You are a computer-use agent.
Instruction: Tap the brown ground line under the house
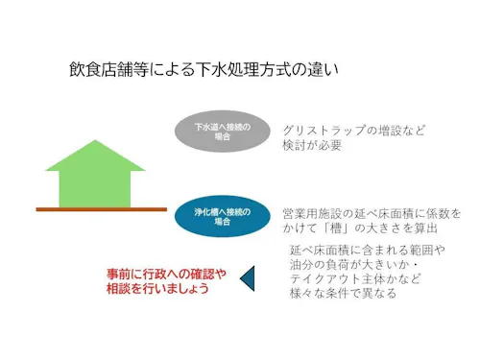pyautogui.click(x=101, y=208)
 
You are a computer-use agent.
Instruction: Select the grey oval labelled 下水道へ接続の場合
pyautogui.click(x=222, y=132)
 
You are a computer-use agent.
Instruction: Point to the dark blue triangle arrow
pyautogui.click(x=246, y=278)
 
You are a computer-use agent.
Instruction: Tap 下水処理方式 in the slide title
pyautogui.click(x=244, y=70)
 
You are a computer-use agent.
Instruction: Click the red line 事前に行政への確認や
pyautogui.click(x=165, y=272)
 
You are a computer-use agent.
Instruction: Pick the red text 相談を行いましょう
pyautogui.click(x=157, y=288)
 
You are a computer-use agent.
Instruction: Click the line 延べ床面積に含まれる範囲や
pyautogui.click(x=367, y=251)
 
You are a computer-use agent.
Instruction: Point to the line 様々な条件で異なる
pyautogui.click(x=342, y=294)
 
